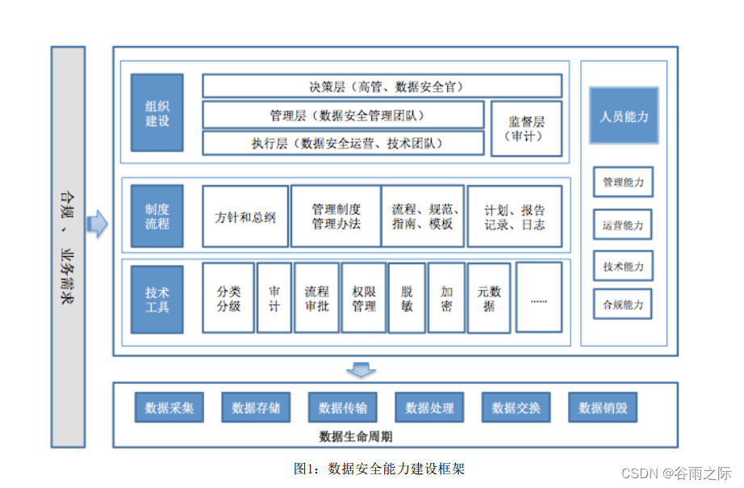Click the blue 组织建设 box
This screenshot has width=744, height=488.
[157, 112]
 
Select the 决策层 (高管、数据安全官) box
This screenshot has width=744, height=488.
[382, 86]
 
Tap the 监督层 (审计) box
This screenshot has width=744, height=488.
[526, 128]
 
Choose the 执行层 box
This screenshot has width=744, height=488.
[343, 143]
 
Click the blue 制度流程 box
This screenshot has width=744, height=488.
[157, 216]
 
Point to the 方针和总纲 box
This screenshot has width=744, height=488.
[245, 217]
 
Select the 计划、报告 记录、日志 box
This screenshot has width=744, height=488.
[515, 217]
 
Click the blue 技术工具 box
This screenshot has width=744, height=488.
[157, 299]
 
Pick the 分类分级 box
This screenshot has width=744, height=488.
[228, 298]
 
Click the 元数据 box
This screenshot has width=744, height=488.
[488, 298]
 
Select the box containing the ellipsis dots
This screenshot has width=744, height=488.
[538, 297]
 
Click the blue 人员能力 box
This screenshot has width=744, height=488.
[623, 116]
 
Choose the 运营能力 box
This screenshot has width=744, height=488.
[623, 225]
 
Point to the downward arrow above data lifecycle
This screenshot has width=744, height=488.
[361, 370]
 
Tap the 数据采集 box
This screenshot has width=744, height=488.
[169, 408]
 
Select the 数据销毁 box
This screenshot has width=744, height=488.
[602, 408]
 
